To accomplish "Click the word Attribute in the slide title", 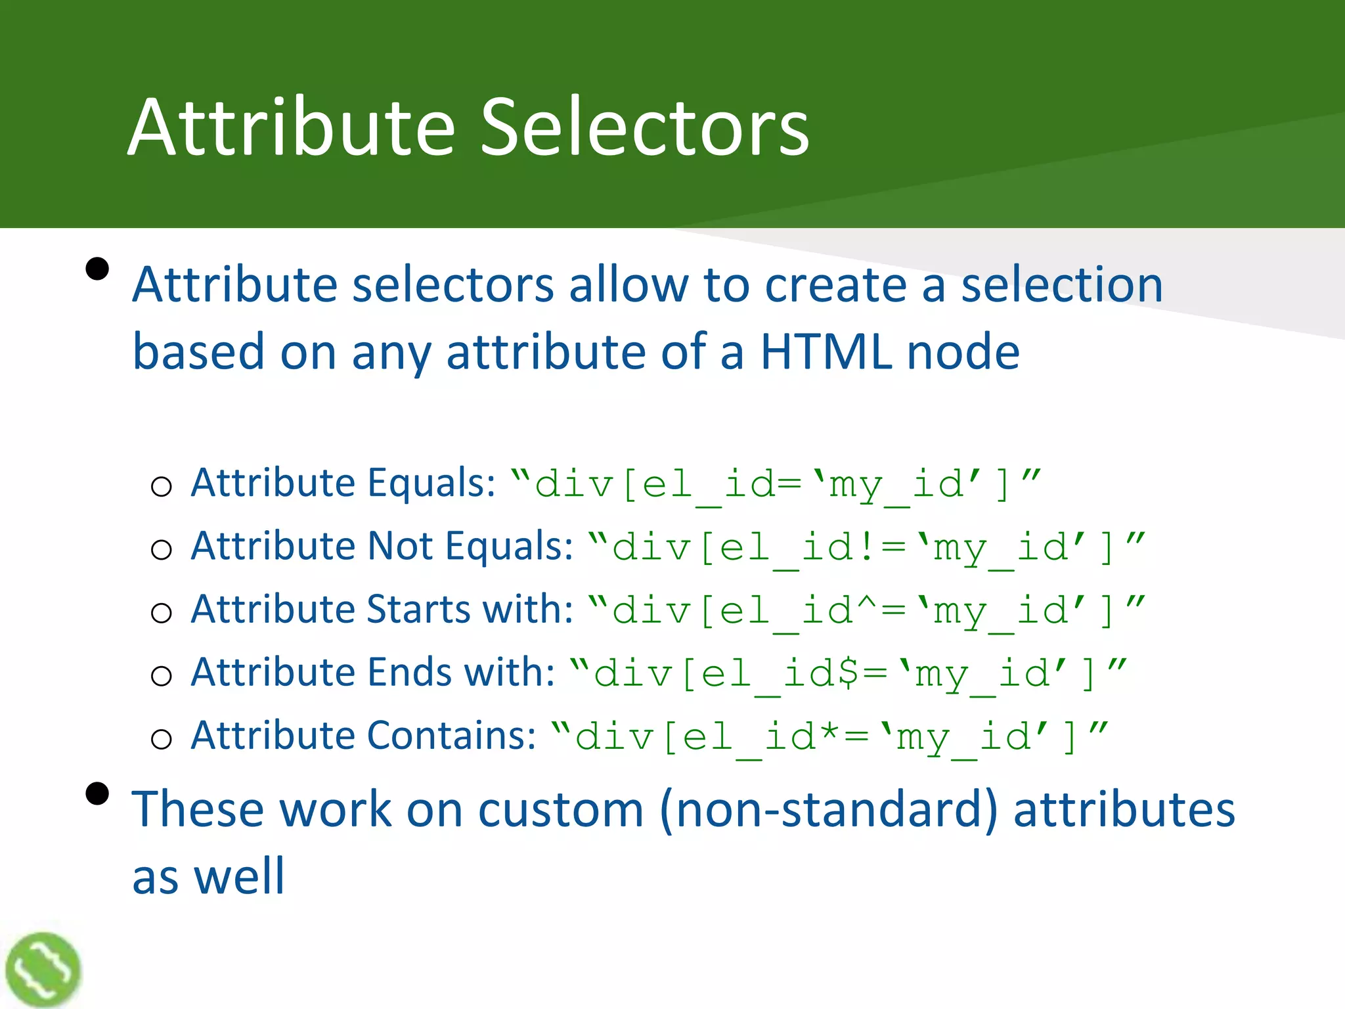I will tap(292, 127).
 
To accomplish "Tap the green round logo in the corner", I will tap(43, 970).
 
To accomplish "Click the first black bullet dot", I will tap(97, 269).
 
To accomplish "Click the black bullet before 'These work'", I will tap(97, 794).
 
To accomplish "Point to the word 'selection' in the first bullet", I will tap(1061, 285).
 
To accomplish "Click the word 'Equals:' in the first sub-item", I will tap(431, 483).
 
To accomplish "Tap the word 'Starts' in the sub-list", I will tap(419, 610).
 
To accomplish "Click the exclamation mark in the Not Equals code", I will tap(866, 547).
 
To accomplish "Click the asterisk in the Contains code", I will tap(829, 732).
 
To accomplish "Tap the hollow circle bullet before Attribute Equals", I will tap(161, 487).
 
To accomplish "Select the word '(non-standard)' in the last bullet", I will tap(829, 809).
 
